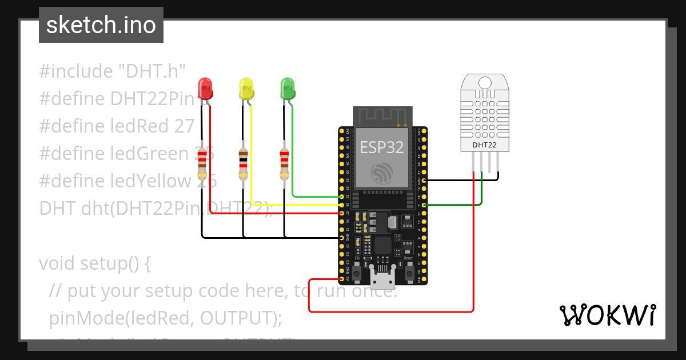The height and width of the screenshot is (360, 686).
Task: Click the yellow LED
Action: tap(246, 89)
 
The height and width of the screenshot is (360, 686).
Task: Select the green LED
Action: tap(288, 89)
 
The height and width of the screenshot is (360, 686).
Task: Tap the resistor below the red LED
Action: tap(202, 163)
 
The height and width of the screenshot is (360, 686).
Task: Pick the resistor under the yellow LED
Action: tap(243, 163)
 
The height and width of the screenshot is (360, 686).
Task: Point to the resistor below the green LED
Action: tap(284, 163)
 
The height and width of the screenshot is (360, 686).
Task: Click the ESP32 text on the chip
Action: tap(382, 147)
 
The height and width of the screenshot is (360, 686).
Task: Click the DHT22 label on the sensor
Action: tap(484, 145)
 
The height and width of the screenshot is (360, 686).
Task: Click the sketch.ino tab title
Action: tap(101, 25)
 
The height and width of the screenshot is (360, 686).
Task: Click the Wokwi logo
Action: tap(607, 315)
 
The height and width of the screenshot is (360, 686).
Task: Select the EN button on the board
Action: tap(357, 274)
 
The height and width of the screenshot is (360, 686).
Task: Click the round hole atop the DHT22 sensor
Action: tap(484, 82)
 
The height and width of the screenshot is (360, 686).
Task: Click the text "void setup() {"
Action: tap(94, 263)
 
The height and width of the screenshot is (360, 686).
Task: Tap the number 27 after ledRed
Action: tap(184, 126)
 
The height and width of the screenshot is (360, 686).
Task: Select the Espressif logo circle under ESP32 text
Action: tap(382, 173)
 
